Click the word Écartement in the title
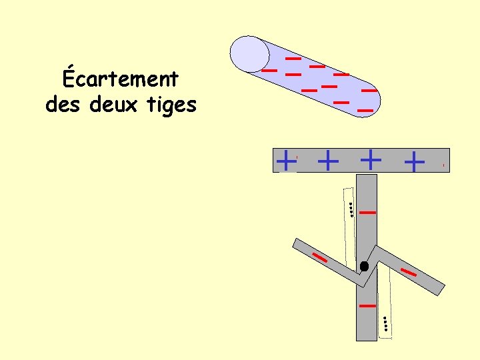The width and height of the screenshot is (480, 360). [x=121, y=79]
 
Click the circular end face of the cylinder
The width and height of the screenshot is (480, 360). [x=249, y=53]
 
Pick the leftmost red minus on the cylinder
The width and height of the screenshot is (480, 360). [x=269, y=69]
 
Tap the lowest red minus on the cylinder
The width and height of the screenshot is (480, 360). [x=365, y=110]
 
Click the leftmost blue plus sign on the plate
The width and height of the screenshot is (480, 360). [x=286, y=160]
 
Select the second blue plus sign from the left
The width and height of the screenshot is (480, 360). [x=328, y=160]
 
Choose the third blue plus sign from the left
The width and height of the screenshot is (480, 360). [x=370, y=160]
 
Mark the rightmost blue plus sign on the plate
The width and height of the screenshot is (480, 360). [x=414, y=161]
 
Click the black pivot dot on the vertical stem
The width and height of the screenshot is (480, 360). [x=364, y=266]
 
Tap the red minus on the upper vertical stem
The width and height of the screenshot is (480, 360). [x=367, y=213]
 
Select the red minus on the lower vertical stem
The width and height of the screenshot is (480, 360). [x=367, y=305]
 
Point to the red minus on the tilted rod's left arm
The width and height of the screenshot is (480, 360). [x=320, y=257]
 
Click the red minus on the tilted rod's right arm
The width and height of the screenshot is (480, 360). [x=409, y=271]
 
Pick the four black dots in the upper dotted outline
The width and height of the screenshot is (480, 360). [x=350, y=209]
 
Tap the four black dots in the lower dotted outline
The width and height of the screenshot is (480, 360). [x=385, y=324]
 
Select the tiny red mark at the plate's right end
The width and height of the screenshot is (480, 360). [x=443, y=165]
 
